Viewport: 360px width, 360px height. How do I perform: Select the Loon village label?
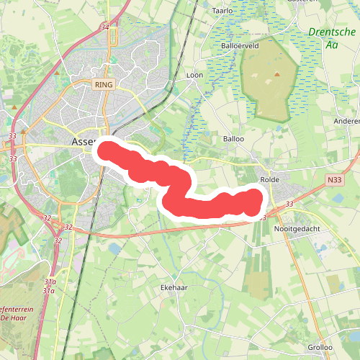[x=194, y=75]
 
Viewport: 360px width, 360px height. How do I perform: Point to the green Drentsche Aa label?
[x=331, y=38]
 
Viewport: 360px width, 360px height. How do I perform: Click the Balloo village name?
[x=233, y=138]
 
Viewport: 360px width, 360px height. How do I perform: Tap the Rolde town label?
[x=270, y=179]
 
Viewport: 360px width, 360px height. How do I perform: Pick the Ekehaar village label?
[x=174, y=287]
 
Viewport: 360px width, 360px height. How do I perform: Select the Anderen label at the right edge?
[x=346, y=122]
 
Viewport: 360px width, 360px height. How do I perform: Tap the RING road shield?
[x=104, y=84]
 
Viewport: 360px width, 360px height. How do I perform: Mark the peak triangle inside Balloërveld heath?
[x=276, y=73]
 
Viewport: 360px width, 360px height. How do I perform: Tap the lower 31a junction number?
[x=49, y=290]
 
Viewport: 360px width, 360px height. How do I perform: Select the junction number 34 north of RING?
[x=106, y=27]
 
